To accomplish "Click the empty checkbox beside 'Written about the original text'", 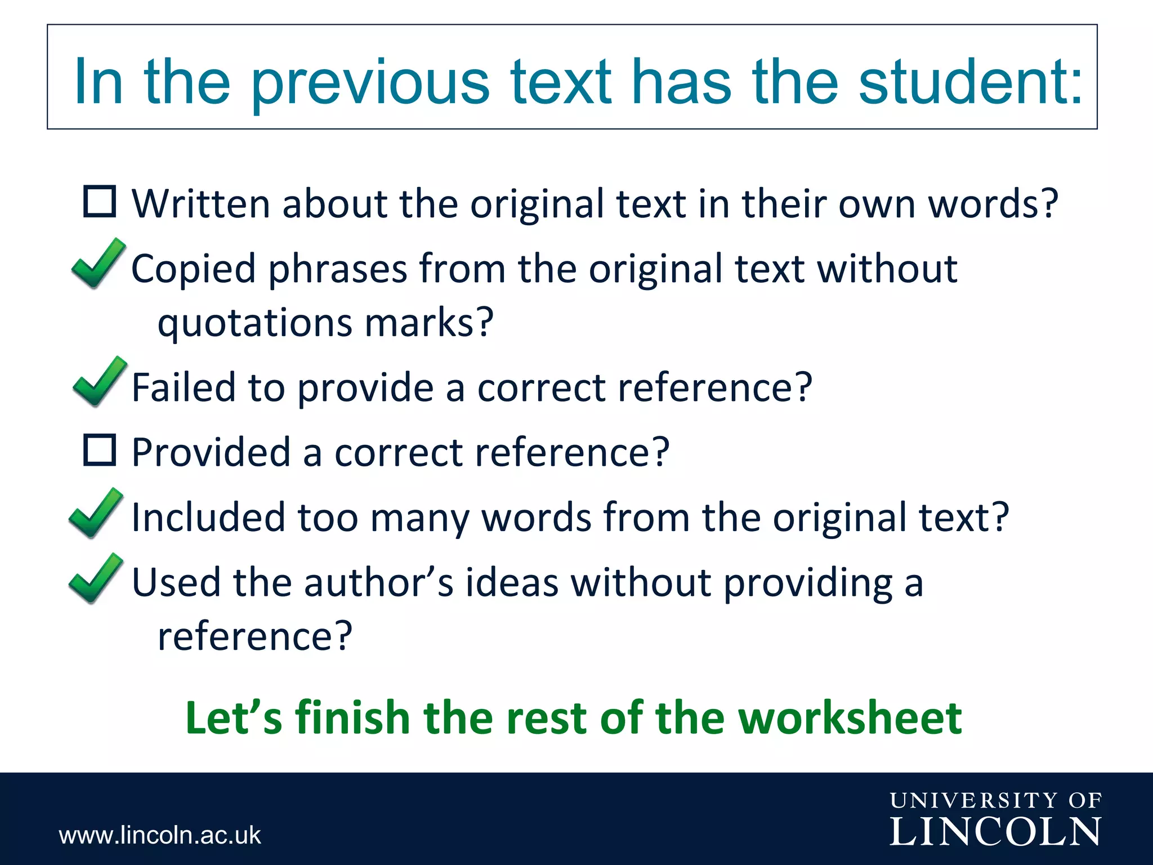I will pos(100,202).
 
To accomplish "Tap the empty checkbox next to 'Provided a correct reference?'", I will pos(100,450).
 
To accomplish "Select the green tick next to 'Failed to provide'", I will pos(99,382).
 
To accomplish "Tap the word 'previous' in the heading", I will pos(370,83).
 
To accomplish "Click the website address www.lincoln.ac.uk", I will pos(160,835).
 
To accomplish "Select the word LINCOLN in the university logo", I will pos(995,832).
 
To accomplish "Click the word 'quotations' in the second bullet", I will pos(255,323).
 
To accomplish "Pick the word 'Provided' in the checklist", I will pos(211,452).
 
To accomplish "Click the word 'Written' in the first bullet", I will pos(201,203).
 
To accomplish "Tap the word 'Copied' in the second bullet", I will pos(193,269).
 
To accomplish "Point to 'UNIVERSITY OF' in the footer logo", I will pos(995,800).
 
